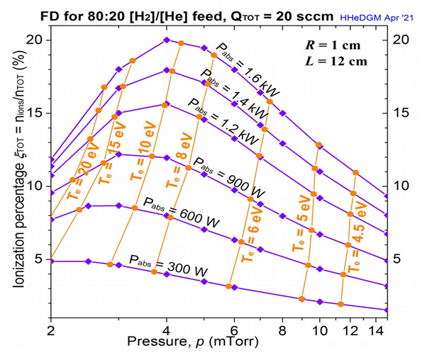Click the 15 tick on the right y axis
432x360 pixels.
(401, 113)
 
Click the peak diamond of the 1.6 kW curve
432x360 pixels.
(167, 40)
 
